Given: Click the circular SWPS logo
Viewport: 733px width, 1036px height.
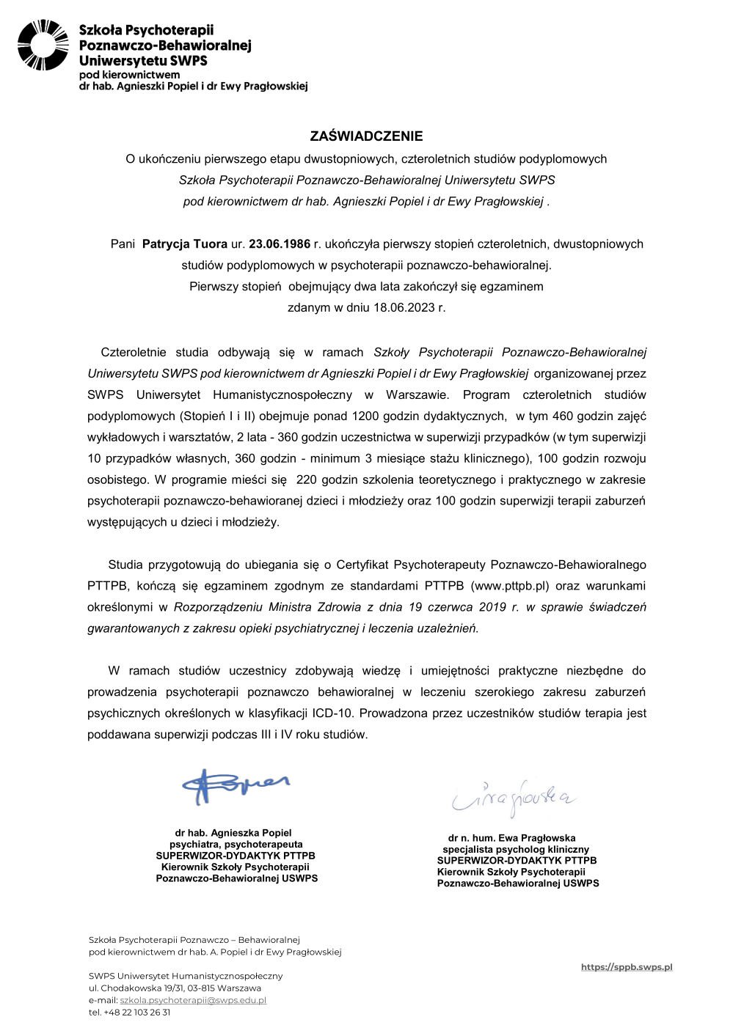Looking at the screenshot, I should point(43,45).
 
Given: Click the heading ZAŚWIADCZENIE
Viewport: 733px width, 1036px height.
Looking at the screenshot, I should point(366,136).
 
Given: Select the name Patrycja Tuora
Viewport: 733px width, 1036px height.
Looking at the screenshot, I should point(184,244).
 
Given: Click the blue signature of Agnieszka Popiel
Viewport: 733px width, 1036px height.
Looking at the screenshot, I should point(235,786).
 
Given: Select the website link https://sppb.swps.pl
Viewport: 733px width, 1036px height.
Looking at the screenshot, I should point(626,967).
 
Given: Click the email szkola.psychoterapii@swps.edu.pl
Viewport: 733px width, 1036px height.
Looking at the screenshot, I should point(192,1000).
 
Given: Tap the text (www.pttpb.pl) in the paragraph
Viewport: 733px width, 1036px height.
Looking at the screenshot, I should point(510,586).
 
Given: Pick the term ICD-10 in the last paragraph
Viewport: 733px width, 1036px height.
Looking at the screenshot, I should point(332,713).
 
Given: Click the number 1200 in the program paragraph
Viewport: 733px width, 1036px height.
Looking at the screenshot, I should point(367,416).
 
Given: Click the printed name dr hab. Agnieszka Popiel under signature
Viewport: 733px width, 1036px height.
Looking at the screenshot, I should point(233,833).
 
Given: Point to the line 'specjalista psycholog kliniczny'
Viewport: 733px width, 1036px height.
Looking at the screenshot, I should point(516,850).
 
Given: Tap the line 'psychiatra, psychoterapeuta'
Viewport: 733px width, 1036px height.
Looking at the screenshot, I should point(236,845).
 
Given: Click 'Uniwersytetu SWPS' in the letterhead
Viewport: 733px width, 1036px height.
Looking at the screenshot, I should point(143,61).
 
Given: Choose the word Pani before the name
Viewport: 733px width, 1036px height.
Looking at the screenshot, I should point(123,244).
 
